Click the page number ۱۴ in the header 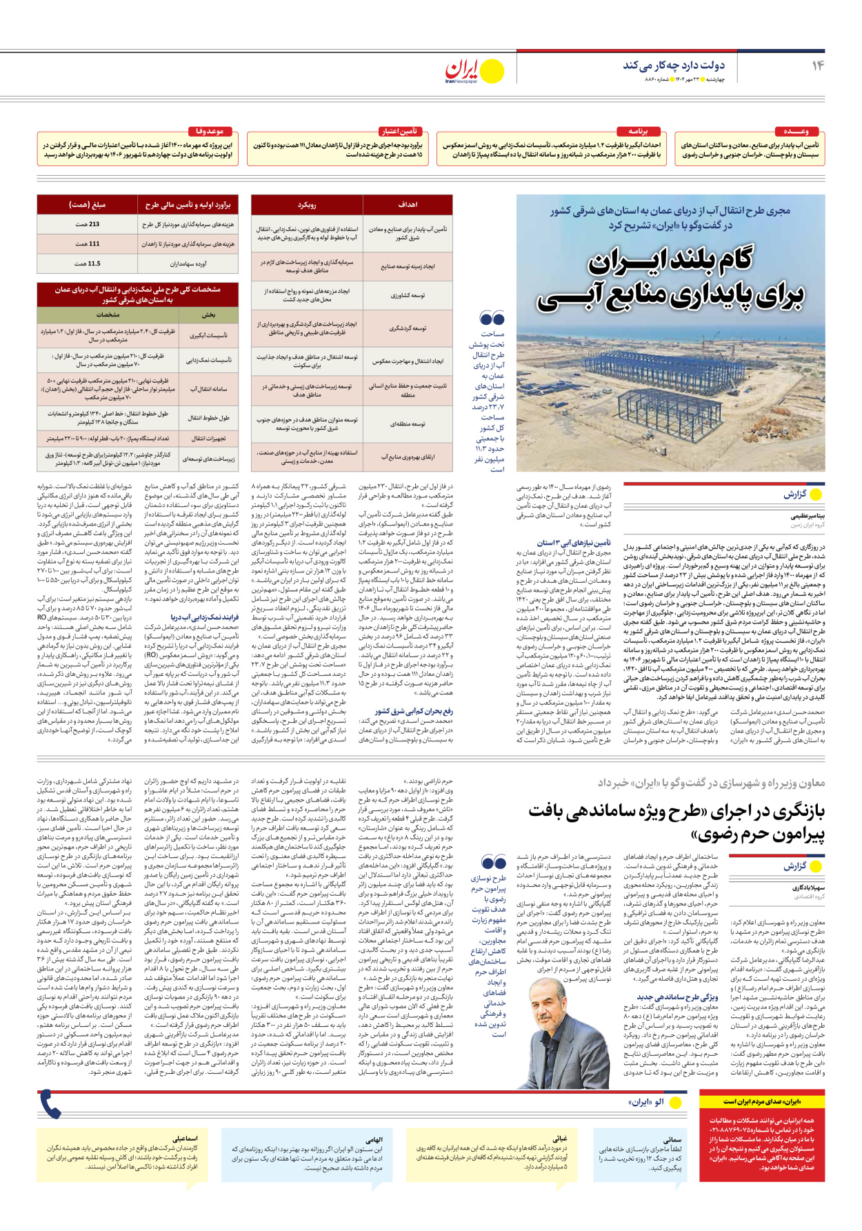tap(818, 66)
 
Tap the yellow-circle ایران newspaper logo tap(475, 70)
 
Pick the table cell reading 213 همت tap(88, 224)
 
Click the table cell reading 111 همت tap(88, 243)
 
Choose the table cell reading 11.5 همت tap(88, 263)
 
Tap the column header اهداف tap(408, 205)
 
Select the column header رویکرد tap(307, 205)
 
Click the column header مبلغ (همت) tap(88, 205)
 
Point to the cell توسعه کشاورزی tap(408, 295)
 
